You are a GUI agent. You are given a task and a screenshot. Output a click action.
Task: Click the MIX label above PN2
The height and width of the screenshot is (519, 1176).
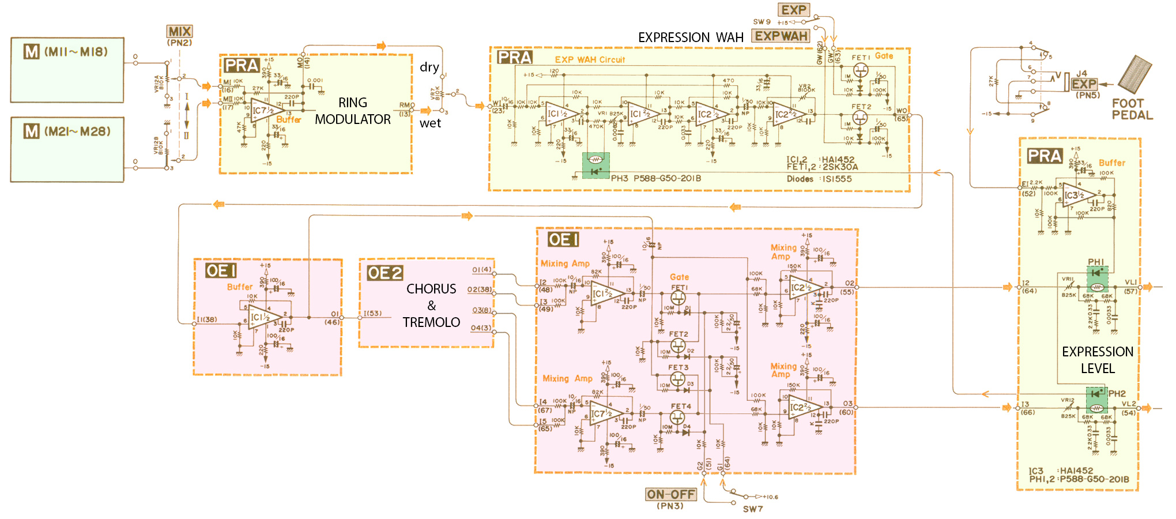tap(180, 32)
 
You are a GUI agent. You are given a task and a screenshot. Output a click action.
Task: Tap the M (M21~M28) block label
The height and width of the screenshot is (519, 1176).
tap(67, 131)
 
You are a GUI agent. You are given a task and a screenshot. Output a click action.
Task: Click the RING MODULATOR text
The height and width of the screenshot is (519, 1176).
tap(353, 111)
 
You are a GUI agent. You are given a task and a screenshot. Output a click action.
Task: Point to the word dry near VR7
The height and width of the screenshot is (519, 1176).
tap(429, 67)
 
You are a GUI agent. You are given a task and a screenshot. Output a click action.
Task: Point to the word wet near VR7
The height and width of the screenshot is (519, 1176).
tap(430, 123)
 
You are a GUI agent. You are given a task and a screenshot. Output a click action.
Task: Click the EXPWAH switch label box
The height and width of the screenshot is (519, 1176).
tap(781, 36)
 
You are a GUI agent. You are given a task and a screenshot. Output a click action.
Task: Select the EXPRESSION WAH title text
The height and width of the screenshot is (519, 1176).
tap(691, 37)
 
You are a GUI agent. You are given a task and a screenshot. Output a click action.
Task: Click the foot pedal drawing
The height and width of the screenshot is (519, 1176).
tap(1134, 74)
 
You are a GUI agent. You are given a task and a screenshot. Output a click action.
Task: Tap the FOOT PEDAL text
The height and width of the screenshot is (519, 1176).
tap(1132, 109)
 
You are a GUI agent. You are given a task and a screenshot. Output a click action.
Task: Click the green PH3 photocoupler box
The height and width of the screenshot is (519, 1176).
tap(596, 166)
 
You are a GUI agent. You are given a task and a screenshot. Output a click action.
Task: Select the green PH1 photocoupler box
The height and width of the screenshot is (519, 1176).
tap(1097, 279)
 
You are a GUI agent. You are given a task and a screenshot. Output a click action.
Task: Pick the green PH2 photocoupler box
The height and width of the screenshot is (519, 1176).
tap(1096, 401)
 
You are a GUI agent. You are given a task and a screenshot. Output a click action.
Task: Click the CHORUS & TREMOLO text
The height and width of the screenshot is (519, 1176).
tap(431, 306)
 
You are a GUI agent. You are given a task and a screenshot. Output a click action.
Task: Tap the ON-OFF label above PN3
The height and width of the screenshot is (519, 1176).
tap(671, 494)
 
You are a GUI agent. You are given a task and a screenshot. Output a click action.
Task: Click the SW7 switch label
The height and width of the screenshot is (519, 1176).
tap(752, 509)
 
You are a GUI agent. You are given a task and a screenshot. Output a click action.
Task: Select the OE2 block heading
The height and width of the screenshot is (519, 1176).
tap(385, 273)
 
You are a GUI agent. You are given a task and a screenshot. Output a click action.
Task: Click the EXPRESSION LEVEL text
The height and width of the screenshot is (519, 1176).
tap(1098, 360)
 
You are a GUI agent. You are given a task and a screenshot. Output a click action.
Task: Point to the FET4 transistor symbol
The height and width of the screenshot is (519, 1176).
tap(678, 418)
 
